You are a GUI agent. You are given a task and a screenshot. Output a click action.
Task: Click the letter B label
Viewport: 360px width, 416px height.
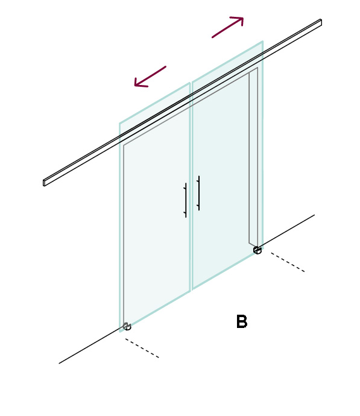coord(242,321)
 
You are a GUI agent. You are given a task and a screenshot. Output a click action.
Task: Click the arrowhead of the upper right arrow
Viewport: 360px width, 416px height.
coord(239,20)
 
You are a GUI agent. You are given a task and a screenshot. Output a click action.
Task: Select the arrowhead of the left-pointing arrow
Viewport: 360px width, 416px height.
coord(139,83)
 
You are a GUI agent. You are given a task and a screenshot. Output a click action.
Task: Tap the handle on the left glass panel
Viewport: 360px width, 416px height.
coord(185,200)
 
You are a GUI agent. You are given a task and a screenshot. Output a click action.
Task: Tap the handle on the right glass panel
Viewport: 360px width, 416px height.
coord(198,193)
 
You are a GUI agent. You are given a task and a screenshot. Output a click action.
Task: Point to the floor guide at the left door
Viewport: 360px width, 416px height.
coord(127,326)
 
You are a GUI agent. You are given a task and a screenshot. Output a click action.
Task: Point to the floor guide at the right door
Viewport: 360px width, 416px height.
coord(257,250)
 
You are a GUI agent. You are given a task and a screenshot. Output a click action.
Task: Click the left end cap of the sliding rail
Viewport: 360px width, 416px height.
coord(44,183)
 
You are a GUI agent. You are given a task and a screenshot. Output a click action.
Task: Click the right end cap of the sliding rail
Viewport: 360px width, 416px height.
coord(321,22)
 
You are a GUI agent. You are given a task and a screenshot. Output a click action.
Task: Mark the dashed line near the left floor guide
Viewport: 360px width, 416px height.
coord(142,348)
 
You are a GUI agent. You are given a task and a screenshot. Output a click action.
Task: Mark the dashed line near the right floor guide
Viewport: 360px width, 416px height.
coord(288,262)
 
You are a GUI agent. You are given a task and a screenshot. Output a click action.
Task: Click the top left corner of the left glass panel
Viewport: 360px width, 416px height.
coord(119,124)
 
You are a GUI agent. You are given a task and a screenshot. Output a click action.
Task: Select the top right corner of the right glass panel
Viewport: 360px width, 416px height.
coord(263,41)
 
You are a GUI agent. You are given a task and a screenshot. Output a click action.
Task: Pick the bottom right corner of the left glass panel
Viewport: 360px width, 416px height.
coord(190,291)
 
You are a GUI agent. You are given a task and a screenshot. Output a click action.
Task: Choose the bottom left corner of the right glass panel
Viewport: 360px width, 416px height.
coord(192,289)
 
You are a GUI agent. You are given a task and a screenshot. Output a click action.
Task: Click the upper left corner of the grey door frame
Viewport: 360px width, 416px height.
coord(124,145)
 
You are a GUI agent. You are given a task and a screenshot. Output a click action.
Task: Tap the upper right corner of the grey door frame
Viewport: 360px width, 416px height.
coord(257,68)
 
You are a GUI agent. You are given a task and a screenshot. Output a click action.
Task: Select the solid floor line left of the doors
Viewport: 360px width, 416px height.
coord(91,345)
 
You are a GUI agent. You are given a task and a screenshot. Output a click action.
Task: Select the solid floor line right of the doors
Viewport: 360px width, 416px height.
coord(286,231)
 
